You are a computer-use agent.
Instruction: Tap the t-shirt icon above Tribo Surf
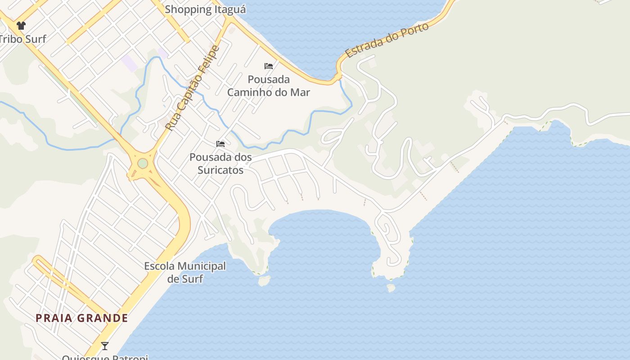21,26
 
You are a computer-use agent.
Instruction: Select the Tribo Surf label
22,39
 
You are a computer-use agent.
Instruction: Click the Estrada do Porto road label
387,40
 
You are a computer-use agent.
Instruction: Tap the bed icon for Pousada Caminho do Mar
269,66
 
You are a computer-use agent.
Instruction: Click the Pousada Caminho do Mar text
269,86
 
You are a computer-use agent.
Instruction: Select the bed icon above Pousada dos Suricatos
220,144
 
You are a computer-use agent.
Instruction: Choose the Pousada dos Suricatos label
220,164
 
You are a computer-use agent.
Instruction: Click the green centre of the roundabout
143,163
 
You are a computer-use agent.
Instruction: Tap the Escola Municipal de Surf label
185,272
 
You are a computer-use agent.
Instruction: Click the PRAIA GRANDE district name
82,318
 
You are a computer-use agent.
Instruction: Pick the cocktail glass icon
105,346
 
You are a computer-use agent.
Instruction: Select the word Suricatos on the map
220,170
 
